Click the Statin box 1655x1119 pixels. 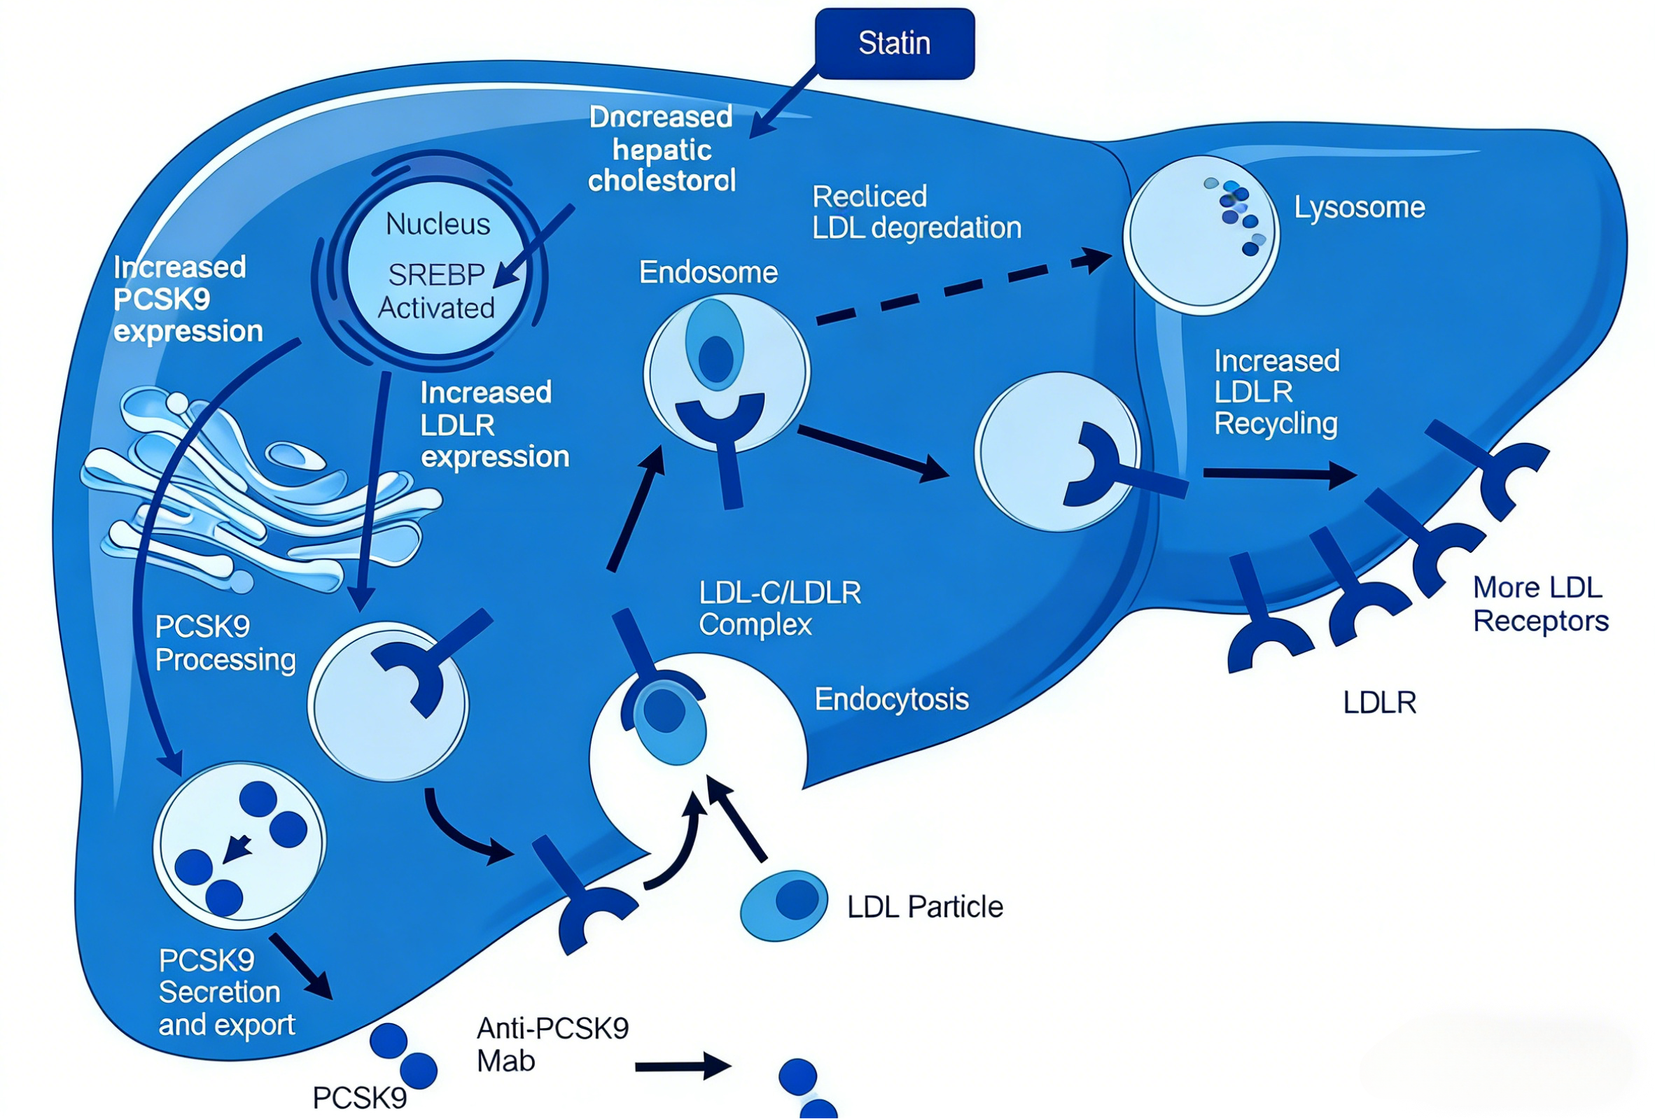895,43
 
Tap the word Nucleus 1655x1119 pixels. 438,224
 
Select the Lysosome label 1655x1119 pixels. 1359,207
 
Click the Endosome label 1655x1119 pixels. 708,273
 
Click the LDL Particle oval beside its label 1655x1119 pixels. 783,906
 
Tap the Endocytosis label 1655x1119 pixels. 892,700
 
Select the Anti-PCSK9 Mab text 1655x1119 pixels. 552,1044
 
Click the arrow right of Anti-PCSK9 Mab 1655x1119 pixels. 682,1066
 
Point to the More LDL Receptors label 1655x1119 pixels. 1539,605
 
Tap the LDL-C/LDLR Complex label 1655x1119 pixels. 779,609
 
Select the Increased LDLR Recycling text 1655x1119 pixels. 1276,392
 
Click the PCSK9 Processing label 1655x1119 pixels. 225,644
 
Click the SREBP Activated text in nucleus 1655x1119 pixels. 436,291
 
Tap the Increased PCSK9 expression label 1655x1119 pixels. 188,300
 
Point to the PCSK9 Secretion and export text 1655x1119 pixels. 225,992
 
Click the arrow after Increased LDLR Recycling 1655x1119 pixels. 1278,474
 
